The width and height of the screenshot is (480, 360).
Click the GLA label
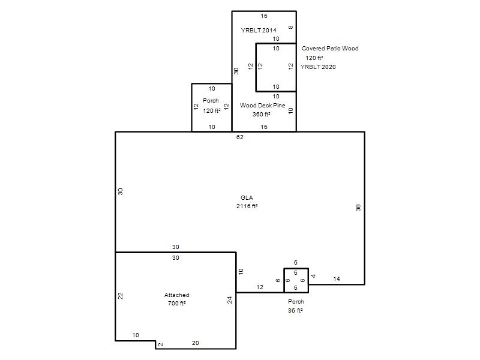247,198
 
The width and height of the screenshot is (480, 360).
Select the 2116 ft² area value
247,206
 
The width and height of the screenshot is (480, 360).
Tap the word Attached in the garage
176,295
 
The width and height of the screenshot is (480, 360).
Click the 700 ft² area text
176,304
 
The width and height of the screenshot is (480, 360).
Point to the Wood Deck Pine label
262,106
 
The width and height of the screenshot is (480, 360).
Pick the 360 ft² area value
261,114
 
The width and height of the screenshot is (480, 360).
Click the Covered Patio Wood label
330,49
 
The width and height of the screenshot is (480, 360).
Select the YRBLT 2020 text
318,67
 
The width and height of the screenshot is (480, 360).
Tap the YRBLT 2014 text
259,30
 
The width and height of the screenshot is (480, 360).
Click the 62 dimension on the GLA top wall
239,137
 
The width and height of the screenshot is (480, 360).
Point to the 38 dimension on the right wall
358,208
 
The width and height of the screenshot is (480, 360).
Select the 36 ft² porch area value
295,310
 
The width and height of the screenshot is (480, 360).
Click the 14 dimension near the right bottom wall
337,278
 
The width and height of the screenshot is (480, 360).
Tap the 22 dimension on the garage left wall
121,296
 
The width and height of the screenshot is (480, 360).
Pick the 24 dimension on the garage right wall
230,300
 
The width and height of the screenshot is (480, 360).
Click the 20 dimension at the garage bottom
196,343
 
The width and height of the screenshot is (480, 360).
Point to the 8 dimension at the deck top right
290,27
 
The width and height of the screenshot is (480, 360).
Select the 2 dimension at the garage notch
161,344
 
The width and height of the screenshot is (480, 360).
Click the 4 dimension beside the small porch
313,276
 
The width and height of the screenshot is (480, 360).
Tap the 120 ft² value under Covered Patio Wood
314,58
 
